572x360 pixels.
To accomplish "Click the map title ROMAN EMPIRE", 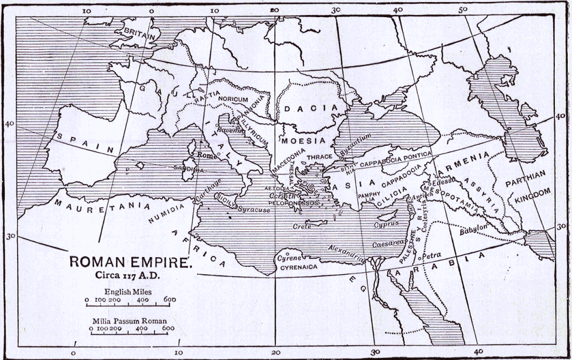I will [129, 263].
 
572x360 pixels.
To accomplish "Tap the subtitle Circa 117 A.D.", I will [128, 276].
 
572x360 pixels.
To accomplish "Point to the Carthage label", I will [209, 190].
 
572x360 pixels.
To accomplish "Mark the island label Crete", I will [302, 227].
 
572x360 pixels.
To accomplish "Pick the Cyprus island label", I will [386, 223].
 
